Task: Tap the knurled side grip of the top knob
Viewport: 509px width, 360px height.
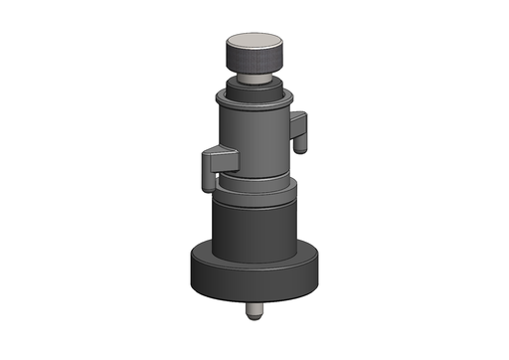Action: pyautogui.click(x=254, y=61)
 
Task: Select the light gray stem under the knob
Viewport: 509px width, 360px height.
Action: pyautogui.click(x=254, y=77)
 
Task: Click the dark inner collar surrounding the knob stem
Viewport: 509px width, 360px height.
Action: pyautogui.click(x=254, y=87)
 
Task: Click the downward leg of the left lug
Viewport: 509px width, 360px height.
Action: pyautogui.click(x=208, y=176)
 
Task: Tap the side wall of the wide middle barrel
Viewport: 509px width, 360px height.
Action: pyautogui.click(x=254, y=229)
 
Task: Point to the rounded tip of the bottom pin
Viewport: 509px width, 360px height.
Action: pyautogui.click(x=254, y=317)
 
